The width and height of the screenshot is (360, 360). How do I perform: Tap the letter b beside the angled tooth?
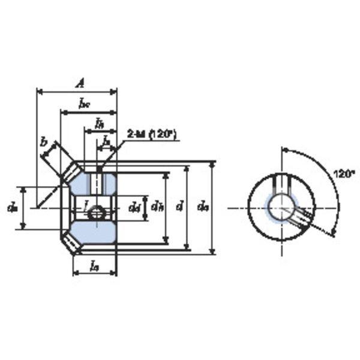pos(43,142)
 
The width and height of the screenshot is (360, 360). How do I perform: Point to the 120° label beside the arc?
pos(343,174)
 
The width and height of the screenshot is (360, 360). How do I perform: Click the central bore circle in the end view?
pos(280,207)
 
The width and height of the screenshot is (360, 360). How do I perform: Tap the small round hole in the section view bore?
pos(97,211)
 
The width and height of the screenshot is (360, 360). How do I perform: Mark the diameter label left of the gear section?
pos(11,208)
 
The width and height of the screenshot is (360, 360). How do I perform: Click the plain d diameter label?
pos(179,207)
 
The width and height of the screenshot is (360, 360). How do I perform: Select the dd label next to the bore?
pos(134,208)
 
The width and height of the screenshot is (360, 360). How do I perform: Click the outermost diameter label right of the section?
pos(203,208)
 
